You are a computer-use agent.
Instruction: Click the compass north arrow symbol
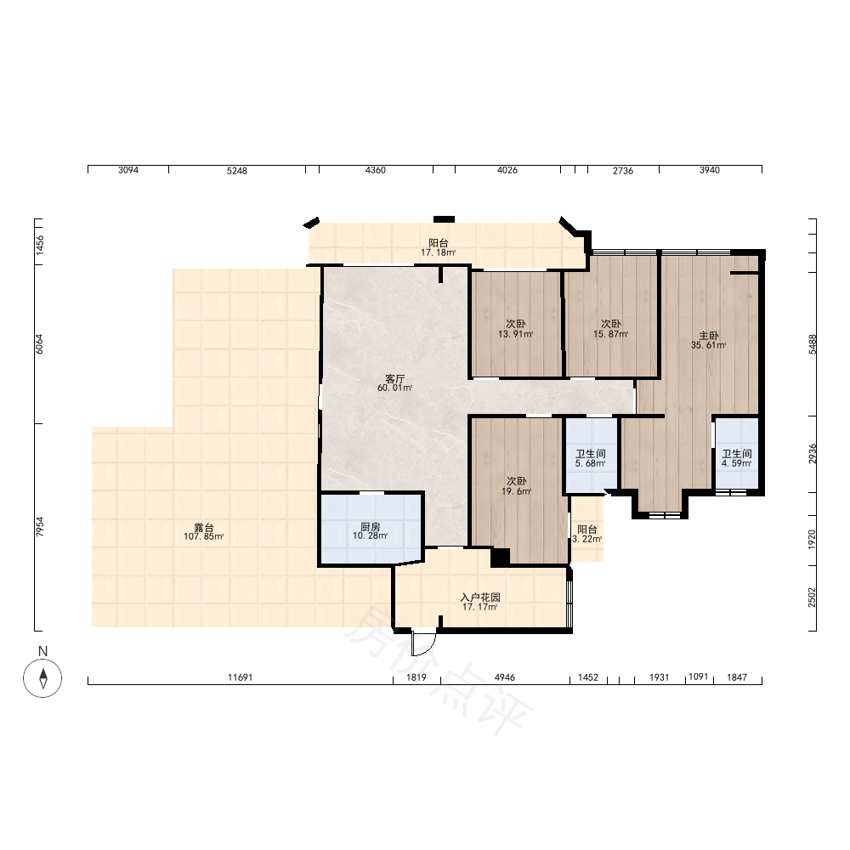42,678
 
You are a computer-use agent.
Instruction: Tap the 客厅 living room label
394,378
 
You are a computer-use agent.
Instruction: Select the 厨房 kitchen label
371,526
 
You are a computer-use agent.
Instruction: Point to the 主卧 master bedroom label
709,336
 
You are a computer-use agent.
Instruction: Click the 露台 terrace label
204,528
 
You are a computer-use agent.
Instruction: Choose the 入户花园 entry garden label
480,598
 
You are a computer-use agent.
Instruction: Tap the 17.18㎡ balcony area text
438,252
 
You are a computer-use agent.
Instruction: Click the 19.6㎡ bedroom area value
516,491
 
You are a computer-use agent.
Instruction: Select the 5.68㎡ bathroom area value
591,463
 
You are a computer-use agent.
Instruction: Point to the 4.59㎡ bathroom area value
736,463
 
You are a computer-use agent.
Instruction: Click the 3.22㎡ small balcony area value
587,540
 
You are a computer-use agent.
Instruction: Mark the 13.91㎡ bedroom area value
516,334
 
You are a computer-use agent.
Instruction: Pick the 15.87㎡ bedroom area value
610,334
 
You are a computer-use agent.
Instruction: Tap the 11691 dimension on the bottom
241,677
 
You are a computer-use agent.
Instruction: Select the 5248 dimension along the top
237,171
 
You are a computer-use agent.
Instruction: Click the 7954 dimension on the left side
40,527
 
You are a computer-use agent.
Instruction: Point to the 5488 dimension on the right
812,344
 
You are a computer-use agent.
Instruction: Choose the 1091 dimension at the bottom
698,677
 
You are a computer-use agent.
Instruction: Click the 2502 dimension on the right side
812,597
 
